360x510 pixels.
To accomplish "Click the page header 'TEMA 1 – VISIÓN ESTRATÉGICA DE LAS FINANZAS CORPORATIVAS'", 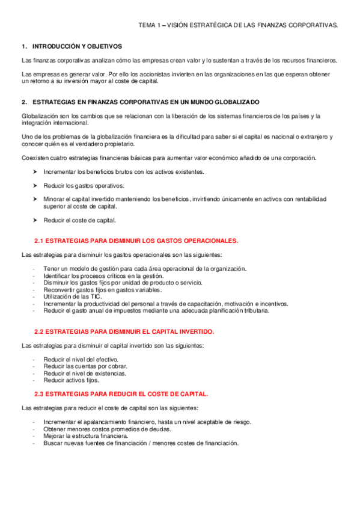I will tap(238, 25).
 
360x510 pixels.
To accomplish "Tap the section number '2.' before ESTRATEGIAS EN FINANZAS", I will tap(24, 103).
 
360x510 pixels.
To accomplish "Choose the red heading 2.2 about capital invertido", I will tap(124, 331).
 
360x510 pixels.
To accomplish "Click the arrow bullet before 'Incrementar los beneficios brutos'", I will tap(35, 172).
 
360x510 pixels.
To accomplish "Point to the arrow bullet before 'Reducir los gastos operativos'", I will tap(35, 185).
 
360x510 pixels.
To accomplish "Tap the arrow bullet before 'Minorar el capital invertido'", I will tap(35, 198).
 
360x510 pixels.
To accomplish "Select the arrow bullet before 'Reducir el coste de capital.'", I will tap(35, 220).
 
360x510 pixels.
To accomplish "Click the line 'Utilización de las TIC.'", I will tap(73, 297).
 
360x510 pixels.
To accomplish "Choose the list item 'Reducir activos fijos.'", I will tap(71, 380).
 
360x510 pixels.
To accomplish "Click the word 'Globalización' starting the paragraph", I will tap(40, 115).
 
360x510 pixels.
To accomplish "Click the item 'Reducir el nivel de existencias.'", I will tap(85, 373).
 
